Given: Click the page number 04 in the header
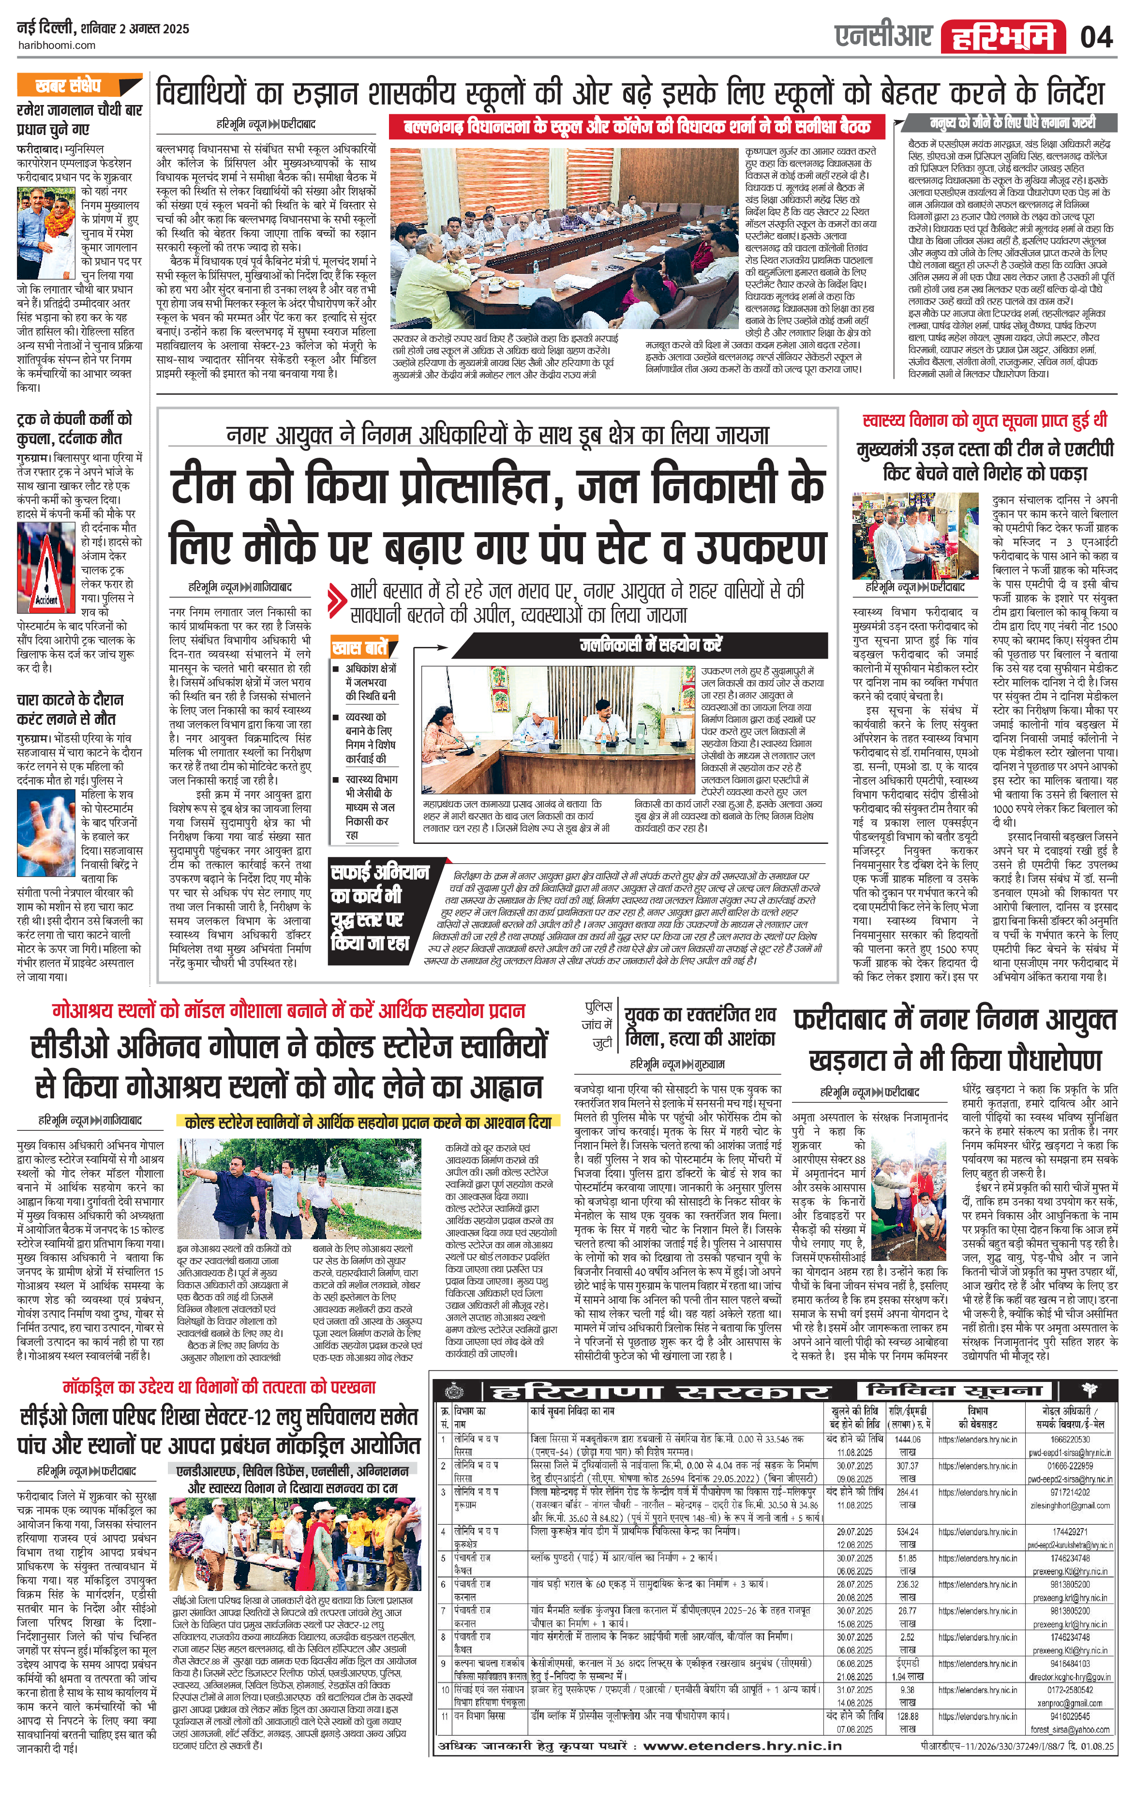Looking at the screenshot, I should tap(1096, 36).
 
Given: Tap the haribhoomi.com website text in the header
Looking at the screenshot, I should tap(56, 45).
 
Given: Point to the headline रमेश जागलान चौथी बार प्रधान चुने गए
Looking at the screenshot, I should tap(78, 119).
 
